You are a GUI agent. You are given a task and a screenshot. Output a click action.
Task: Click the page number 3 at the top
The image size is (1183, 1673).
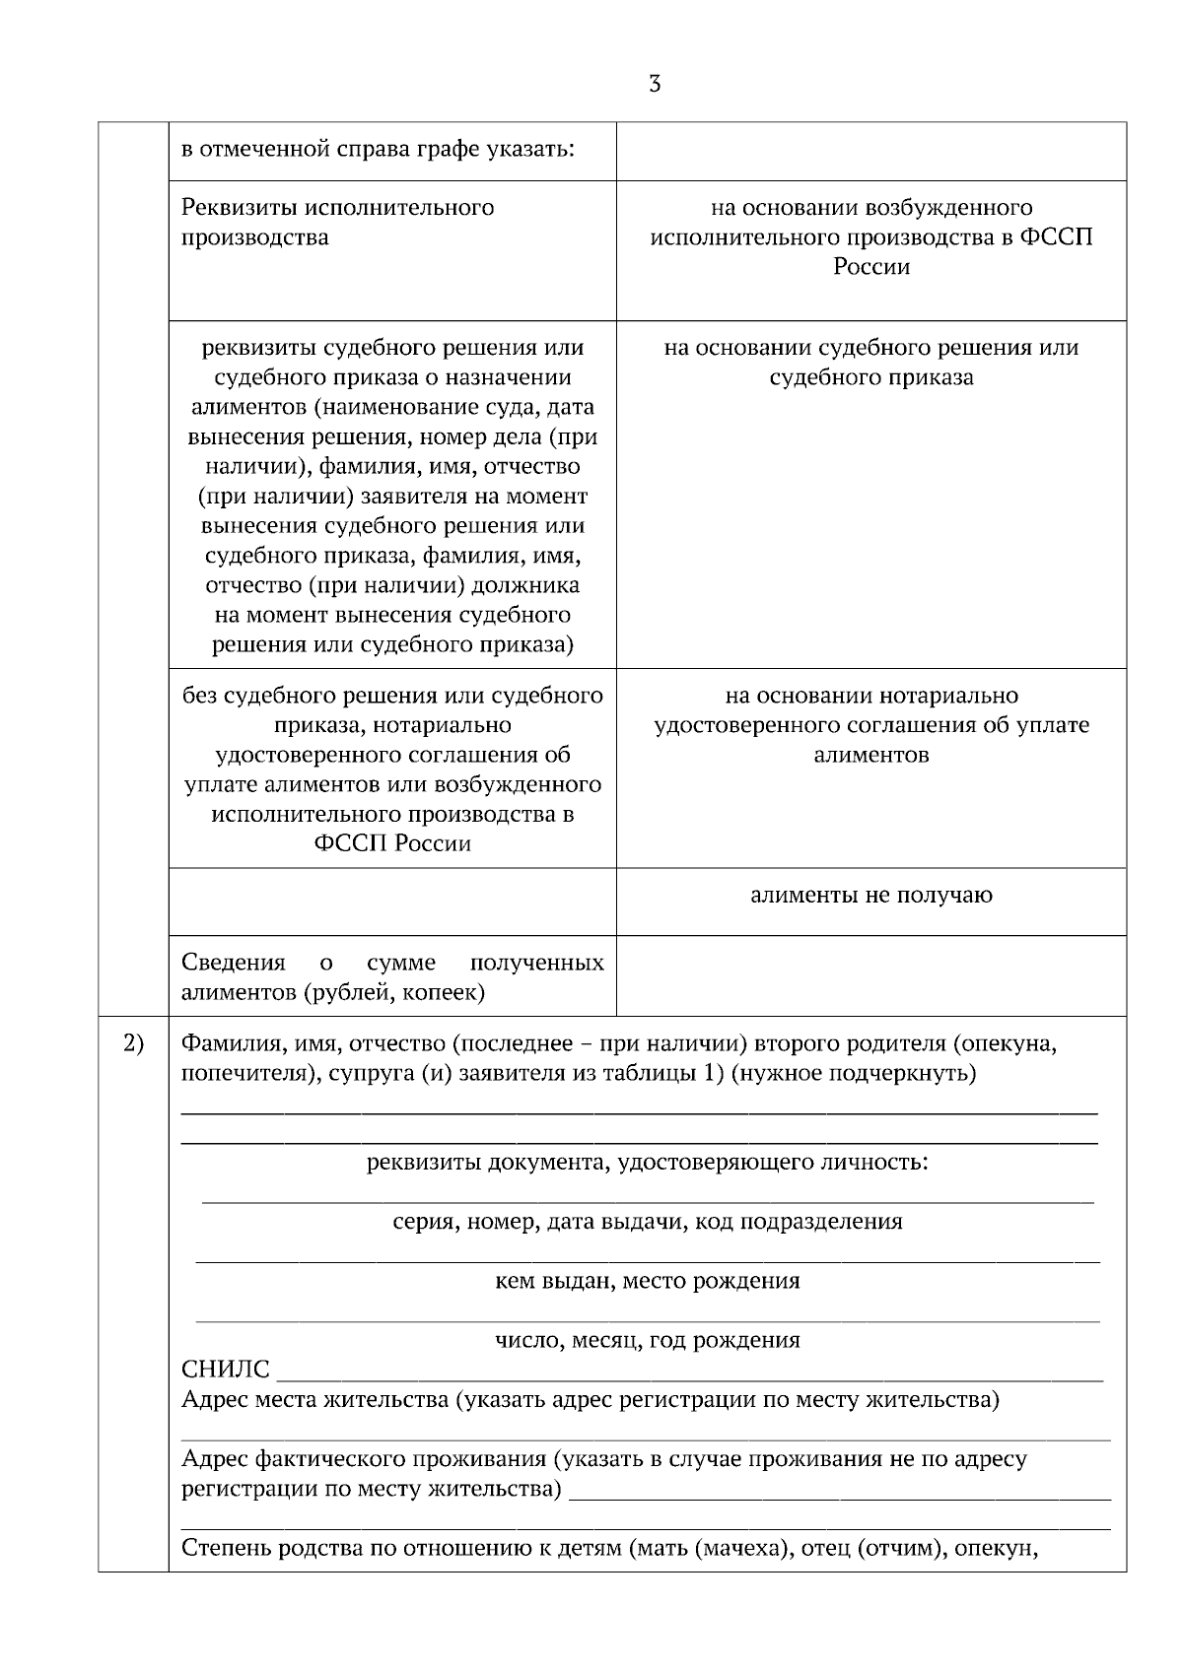[655, 85]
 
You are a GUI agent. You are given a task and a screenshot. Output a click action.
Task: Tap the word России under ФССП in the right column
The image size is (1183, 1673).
[871, 267]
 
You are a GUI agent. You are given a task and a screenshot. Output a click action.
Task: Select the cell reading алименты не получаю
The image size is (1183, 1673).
[871, 896]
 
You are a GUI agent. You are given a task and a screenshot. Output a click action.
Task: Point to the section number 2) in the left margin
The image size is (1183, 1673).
[133, 1043]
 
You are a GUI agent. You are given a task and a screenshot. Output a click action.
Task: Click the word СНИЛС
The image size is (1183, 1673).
[226, 1370]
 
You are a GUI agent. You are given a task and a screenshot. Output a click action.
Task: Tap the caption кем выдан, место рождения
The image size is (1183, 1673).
[647, 1281]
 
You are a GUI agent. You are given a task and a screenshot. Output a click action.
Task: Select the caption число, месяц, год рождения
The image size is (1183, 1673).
[647, 1340]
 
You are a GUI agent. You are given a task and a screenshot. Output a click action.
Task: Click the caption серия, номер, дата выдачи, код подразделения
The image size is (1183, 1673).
[647, 1222]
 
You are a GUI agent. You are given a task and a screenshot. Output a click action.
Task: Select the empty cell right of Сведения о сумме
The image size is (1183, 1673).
[871, 975]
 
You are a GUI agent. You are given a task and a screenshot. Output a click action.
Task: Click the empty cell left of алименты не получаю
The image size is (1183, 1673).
[392, 902]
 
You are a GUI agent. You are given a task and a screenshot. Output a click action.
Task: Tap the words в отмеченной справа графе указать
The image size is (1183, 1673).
[379, 151]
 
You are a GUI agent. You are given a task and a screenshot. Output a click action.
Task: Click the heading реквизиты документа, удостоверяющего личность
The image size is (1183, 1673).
[647, 1163]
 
